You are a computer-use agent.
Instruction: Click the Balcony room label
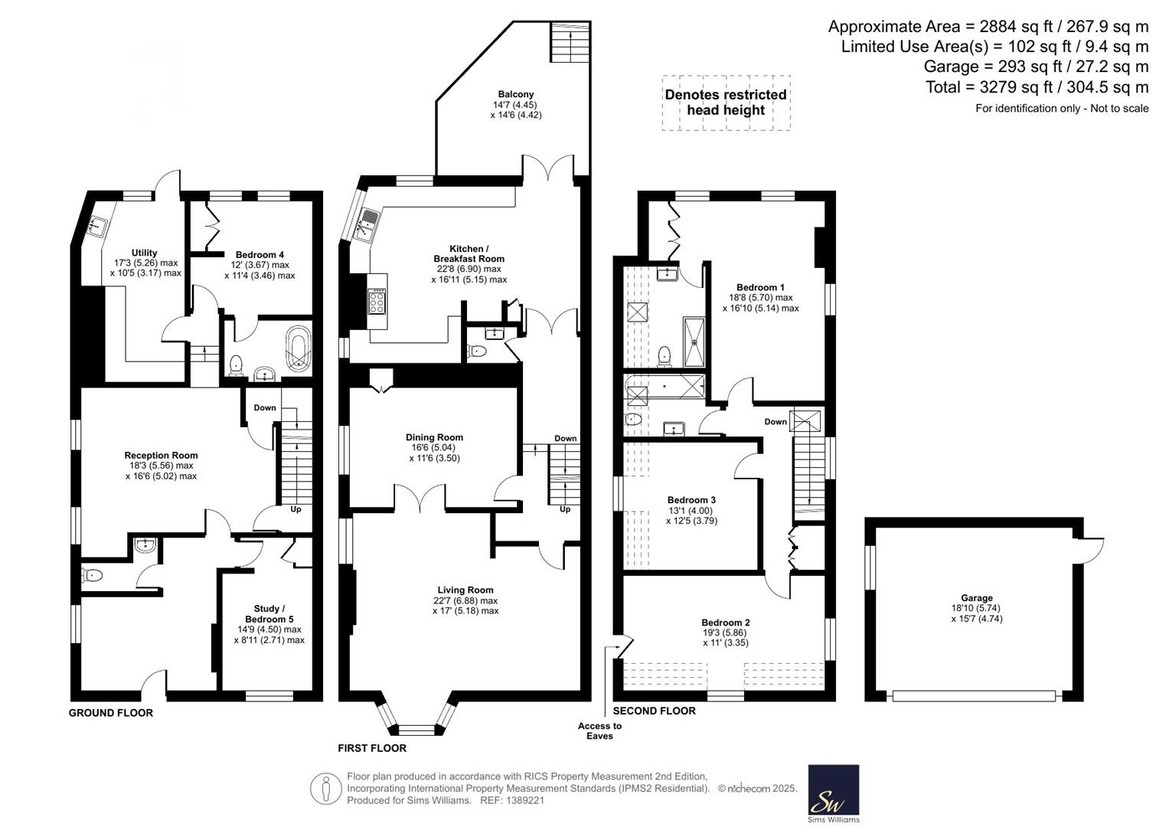coord(516,94)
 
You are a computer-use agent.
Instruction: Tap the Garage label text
coord(977,598)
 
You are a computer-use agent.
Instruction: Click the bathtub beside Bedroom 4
coord(299,349)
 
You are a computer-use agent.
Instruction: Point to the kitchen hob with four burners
coord(377,301)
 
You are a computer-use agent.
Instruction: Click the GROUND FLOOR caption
coord(111,713)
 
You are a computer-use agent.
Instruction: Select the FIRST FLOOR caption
coord(372,748)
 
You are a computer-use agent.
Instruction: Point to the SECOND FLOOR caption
coord(655,711)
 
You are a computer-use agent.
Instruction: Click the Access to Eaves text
coord(599,731)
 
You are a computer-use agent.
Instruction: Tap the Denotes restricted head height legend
coord(726,103)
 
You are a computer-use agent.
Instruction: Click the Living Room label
coord(465,590)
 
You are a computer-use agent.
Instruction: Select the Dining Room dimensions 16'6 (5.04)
coord(433,447)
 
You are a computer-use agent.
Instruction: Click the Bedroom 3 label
coord(691,499)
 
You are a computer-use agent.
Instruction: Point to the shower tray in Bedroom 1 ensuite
coord(694,342)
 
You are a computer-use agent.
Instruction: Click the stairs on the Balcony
coord(570,42)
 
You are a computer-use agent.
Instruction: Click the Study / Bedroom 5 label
coord(269,613)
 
